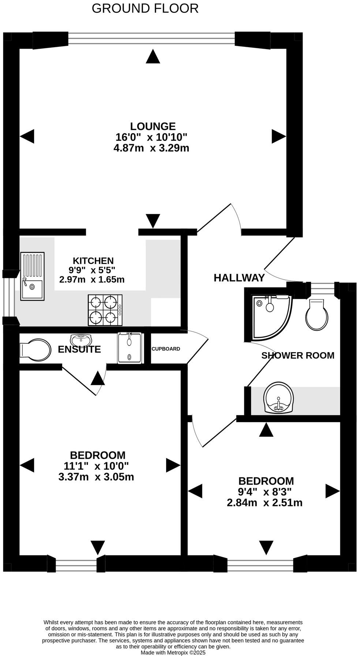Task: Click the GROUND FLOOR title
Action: [145, 8]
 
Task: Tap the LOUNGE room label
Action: [153, 126]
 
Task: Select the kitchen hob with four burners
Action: [105, 310]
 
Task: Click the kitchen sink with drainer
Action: [32, 276]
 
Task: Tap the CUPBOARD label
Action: [166, 349]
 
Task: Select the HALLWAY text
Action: [239, 278]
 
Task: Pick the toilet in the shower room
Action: [316, 315]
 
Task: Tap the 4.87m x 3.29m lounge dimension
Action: [151, 148]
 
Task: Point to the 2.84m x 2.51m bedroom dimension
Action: [265, 503]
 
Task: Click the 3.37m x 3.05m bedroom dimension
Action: [96, 477]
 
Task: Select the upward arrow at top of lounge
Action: [153, 57]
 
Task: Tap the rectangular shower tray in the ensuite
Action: [129, 348]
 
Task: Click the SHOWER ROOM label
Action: [298, 355]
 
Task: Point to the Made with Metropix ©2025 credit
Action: [173, 652]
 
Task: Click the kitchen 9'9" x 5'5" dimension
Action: [92, 270]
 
